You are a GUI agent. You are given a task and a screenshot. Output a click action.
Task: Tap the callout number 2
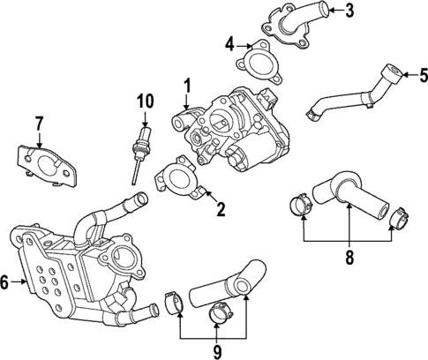coord(221,209)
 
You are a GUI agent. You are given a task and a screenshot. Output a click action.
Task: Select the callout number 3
coord(349,11)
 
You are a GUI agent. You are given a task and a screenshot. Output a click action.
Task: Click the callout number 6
coord(6,282)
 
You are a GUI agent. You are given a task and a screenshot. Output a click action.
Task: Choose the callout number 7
coord(39,123)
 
